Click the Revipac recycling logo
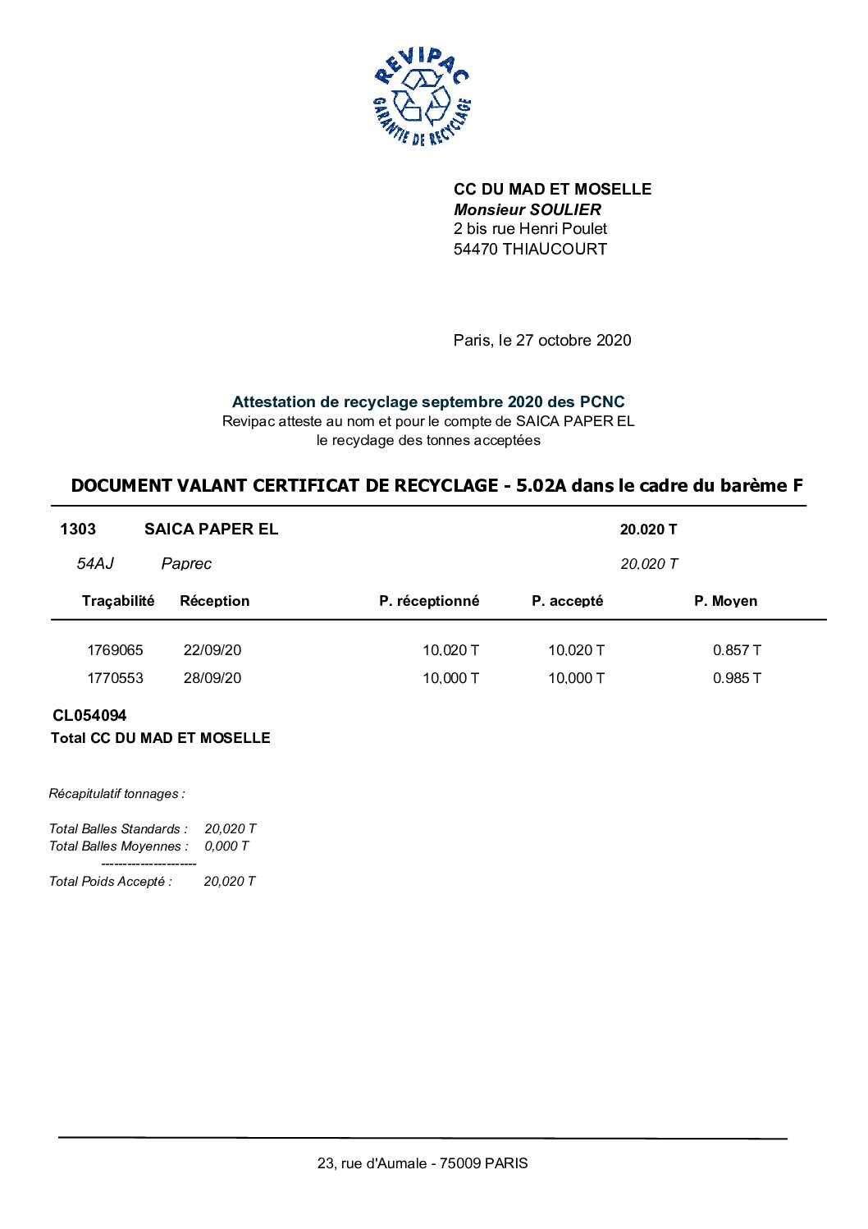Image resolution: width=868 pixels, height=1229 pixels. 422,97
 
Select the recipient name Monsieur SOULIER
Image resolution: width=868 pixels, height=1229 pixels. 527,209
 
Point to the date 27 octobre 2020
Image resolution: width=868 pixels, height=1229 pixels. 573,340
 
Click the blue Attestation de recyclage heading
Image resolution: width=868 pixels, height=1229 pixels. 427,401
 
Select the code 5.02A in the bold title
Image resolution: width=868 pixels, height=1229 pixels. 541,485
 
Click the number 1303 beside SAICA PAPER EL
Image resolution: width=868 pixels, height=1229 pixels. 78,529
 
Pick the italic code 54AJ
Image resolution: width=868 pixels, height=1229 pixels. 95,563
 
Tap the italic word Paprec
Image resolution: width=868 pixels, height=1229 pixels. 186,563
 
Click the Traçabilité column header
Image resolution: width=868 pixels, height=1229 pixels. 118,601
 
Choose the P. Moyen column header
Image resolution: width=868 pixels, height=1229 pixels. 725,601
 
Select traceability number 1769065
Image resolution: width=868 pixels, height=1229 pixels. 115,650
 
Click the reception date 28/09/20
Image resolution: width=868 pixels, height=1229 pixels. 212,678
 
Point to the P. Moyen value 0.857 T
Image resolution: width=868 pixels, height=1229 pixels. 737,650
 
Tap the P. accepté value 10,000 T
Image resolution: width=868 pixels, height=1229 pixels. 576,678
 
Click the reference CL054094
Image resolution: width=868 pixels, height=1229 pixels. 89,716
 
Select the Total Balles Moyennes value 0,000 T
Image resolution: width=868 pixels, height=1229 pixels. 226,846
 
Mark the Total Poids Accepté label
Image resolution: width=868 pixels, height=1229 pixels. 111,882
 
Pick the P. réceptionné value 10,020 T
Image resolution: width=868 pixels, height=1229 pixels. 450,650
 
